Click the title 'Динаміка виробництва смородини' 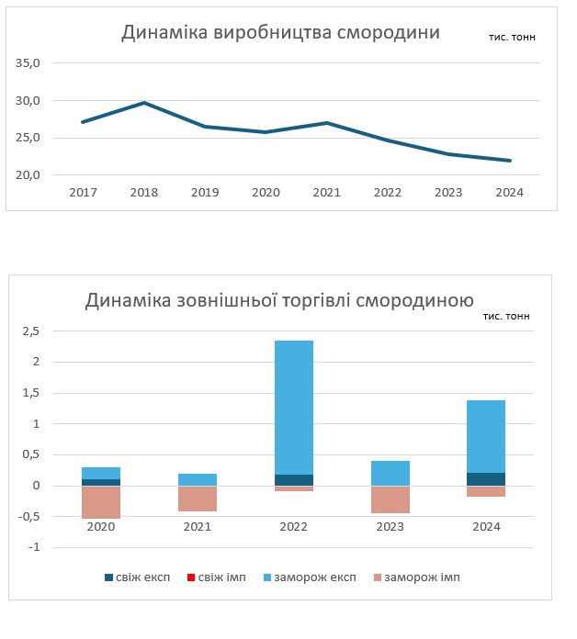[281, 33]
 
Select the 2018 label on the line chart [143, 193]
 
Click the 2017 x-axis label [83, 193]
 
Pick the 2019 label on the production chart [205, 193]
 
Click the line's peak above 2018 [144, 103]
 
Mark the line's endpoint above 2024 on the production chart [510, 161]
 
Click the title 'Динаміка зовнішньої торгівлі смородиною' [279, 300]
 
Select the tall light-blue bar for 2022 [294, 404]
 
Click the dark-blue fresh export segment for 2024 [486, 478]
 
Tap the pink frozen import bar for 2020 [101, 501]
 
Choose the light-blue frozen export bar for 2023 [390, 473]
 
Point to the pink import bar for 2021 [198, 498]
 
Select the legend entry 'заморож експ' [308, 577]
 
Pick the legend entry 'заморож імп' [414, 577]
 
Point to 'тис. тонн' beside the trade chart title [505, 316]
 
